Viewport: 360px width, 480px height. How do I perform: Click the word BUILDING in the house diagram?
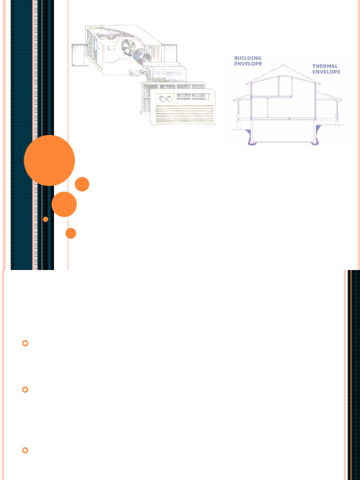247,58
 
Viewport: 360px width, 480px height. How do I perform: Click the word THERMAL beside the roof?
325,66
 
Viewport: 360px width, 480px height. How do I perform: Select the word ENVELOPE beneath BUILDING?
248,64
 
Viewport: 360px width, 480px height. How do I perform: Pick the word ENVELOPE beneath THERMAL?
326,72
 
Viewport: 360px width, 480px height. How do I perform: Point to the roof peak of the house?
283,65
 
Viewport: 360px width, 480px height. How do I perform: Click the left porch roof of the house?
242,97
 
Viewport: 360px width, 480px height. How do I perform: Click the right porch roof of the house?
329,96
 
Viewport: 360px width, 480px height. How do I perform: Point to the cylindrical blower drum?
142,56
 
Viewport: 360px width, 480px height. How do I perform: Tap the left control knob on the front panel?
162,98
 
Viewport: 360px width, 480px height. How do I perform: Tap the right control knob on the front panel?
169,99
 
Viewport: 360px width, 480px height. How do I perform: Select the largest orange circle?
49,160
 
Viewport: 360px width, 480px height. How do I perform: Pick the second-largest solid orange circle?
64,204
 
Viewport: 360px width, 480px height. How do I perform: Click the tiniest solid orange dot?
45,219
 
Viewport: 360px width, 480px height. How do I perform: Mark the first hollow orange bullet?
25,343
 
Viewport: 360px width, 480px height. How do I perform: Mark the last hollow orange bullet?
25,450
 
